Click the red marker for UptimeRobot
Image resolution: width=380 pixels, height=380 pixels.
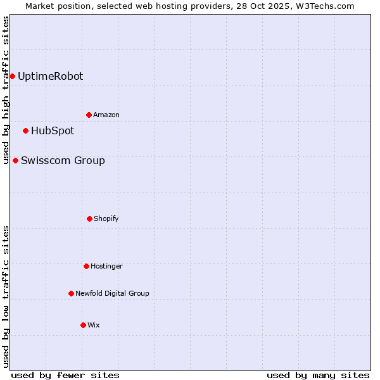(x=12, y=77)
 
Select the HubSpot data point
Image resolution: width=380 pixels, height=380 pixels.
(x=25, y=131)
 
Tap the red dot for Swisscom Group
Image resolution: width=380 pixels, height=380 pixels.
(x=15, y=161)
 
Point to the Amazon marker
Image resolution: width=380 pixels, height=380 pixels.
(x=89, y=115)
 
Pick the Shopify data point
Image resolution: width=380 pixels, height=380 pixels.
(x=89, y=219)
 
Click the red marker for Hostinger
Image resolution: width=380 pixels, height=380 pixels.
(x=86, y=267)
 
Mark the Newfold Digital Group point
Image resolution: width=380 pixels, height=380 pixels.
(x=71, y=294)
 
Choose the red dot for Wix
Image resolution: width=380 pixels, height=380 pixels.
(x=83, y=326)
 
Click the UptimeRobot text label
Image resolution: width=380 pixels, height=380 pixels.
(x=50, y=77)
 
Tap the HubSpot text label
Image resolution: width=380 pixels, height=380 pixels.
(x=53, y=131)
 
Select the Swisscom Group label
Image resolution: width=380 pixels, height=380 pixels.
(x=63, y=161)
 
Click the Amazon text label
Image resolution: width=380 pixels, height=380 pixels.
(x=106, y=115)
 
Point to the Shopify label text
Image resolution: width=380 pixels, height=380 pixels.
(x=106, y=219)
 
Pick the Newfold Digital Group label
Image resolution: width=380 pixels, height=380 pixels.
(x=112, y=294)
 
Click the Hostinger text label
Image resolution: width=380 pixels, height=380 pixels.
(x=106, y=267)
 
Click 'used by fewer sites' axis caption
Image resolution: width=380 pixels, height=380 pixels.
(x=65, y=375)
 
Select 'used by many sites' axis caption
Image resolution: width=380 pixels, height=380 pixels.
(x=318, y=375)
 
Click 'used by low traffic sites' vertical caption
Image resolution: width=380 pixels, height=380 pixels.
(x=6, y=296)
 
